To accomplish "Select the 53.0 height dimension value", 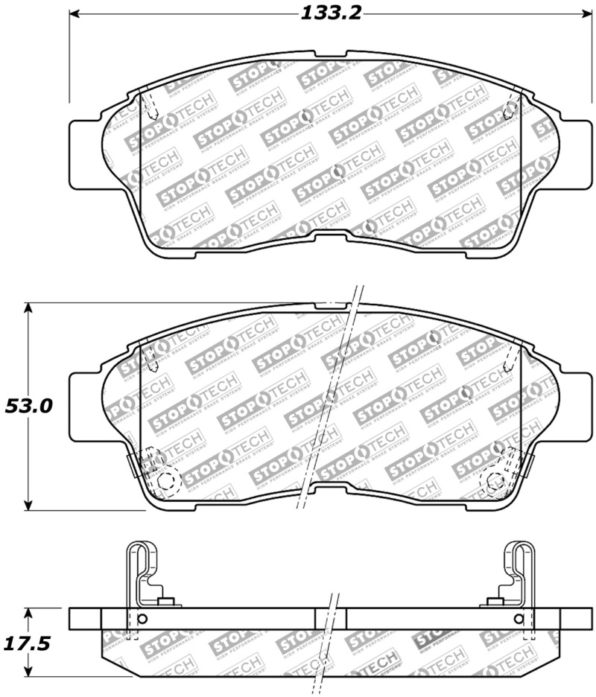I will (x=28, y=407).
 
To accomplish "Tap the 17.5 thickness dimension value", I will (x=28, y=643).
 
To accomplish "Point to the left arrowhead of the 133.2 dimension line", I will (x=75, y=14).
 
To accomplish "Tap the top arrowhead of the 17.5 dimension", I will (x=28, y=612).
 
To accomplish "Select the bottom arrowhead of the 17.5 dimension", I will (x=28, y=673).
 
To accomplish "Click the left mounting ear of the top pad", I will (x=84, y=156).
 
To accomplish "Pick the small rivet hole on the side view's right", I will (x=517, y=621).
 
